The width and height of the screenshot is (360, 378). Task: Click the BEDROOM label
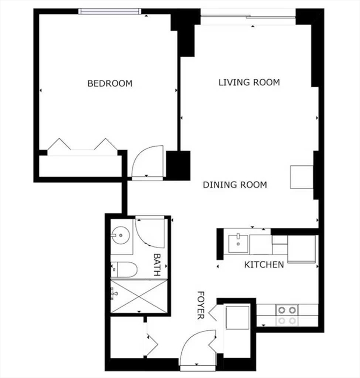tap(110, 83)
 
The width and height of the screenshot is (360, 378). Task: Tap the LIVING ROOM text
tap(249, 83)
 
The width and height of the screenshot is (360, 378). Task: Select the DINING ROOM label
tap(235, 185)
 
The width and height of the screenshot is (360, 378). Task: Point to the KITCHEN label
tap(264, 265)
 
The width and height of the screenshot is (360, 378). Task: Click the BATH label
tap(157, 264)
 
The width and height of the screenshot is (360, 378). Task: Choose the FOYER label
tap(201, 305)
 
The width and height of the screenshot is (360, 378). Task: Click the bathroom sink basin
tap(120, 235)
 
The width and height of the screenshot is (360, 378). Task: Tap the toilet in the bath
tap(124, 270)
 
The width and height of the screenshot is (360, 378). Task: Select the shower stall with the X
tap(139, 296)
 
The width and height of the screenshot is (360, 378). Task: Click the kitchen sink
tap(238, 244)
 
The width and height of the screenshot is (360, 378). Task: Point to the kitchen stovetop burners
tap(287, 315)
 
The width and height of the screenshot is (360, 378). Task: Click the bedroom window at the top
tap(110, 11)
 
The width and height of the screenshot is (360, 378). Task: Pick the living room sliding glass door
tap(248, 16)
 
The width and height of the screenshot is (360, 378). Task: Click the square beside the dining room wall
tap(301, 177)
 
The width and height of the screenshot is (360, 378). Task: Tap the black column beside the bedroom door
tap(178, 165)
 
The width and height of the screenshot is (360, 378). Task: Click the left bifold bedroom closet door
tap(59, 144)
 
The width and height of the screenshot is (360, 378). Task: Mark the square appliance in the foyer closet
tap(237, 317)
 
